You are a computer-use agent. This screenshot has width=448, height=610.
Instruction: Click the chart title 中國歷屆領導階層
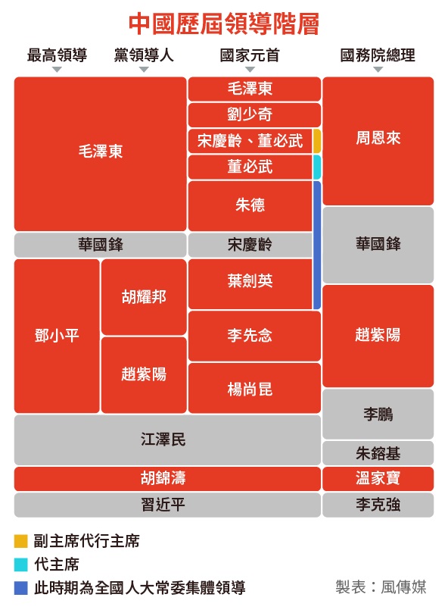pos(224,24)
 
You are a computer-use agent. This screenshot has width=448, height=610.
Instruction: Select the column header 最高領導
pos(57,55)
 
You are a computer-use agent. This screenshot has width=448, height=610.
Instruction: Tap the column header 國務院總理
pos(378,55)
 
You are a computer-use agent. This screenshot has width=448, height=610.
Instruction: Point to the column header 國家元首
pos(250,55)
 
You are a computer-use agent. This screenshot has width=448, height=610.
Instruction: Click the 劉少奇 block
pos(254,114)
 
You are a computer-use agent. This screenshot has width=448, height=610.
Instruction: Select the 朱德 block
pos(250,206)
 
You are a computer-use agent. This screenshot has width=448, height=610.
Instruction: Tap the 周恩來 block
pos(378,141)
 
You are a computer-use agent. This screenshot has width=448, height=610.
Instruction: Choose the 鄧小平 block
pos(57,336)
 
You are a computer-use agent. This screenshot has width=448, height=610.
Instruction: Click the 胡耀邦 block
pos(144,297)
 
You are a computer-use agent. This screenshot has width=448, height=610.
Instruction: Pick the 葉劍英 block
pos(250,284)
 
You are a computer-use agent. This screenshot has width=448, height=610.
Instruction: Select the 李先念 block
pos(254,336)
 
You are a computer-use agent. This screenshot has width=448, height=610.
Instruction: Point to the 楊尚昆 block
pos(254,388)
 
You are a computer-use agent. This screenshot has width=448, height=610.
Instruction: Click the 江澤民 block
pos(167,440)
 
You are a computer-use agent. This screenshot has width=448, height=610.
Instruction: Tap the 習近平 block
pos(167,505)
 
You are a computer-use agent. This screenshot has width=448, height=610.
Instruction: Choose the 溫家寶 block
pos(378,479)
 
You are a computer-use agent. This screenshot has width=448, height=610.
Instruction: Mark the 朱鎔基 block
pos(378,453)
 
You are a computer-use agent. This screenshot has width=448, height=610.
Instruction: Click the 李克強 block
pos(378,505)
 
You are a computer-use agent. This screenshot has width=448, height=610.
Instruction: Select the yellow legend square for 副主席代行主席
pos(21,541)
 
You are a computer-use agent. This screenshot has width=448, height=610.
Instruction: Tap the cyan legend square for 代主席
pos(21,565)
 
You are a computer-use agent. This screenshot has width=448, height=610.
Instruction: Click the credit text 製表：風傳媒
pos(381,587)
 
